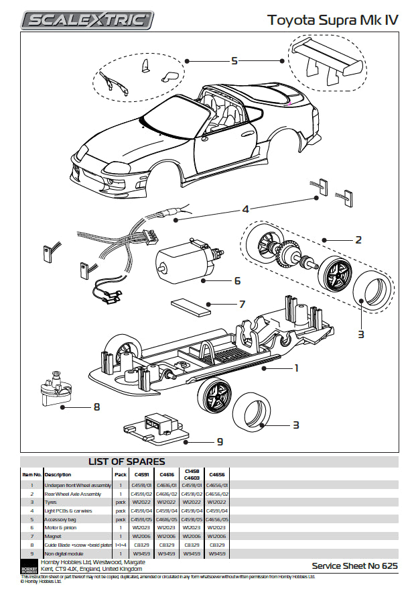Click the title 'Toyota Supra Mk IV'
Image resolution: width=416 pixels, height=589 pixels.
333,20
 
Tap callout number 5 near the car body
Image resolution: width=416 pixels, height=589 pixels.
234,61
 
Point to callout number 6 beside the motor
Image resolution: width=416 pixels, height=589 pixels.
237,280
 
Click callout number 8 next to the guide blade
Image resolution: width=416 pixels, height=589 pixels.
96,406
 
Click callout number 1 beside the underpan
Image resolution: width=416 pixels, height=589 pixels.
295,368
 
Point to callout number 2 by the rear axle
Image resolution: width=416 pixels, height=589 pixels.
358,239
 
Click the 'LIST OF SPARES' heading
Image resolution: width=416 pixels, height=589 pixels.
127,462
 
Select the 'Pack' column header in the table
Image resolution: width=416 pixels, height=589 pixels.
121,474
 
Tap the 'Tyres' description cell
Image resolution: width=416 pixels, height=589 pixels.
52,502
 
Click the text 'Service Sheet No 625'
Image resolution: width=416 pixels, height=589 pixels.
354,566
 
